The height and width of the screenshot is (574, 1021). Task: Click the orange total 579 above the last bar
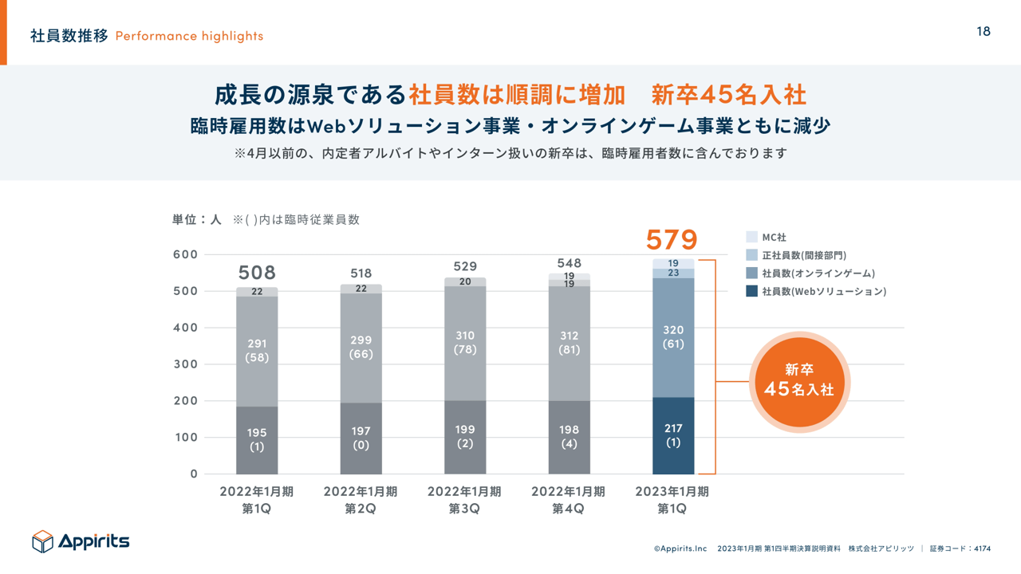point(672,239)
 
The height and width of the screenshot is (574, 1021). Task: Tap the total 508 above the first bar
point(257,273)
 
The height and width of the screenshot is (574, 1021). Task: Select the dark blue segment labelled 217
point(673,435)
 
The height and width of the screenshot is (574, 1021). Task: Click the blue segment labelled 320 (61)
point(673,337)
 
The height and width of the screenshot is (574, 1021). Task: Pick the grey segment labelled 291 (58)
point(257,351)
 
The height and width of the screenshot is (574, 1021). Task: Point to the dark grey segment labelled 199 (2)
point(465,436)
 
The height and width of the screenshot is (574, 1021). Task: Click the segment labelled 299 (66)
point(361,347)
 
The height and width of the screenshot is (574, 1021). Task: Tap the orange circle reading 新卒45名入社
point(799,381)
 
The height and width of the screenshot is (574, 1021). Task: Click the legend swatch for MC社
point(751,238)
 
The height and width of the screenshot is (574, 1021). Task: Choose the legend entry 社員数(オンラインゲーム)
point(818,273)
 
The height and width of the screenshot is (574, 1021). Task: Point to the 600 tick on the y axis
point(185,254)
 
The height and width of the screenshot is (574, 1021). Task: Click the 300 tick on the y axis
point(185,364)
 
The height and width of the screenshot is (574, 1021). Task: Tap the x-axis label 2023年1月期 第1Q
point(672,500)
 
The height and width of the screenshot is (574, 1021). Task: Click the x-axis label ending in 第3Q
point(464,500)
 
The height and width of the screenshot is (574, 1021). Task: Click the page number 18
point(984,31)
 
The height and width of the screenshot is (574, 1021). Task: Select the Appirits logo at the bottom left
point(81,541)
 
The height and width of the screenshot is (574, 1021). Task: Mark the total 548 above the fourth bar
point(570,263)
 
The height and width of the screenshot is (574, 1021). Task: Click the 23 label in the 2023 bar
point(673,273)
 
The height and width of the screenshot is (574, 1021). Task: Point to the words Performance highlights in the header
point(189,36)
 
